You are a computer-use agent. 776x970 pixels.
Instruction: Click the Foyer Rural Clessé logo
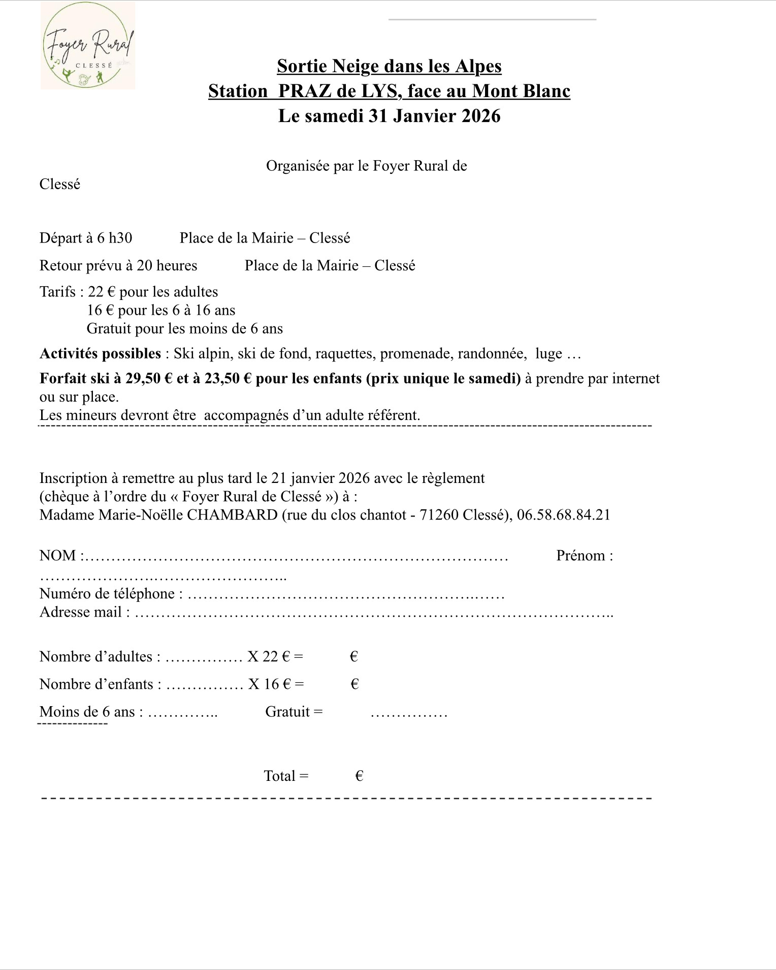(x=88, y=46)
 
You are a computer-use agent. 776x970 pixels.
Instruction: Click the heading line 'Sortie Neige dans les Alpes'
(x=389, y=66)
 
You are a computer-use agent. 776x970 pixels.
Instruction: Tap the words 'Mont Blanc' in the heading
(x=521, y=91)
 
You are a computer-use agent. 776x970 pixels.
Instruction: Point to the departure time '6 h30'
(x=115, y=238)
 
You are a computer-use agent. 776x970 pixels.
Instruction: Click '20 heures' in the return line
(x=167, y=265)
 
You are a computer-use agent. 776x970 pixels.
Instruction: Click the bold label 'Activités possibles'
(x=100, y=353)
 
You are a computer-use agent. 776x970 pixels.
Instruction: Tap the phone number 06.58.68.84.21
(x=563, y=514)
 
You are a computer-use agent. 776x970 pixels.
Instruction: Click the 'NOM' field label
(x=57, y=555)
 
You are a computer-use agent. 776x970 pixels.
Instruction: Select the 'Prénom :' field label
(x=585, y=555)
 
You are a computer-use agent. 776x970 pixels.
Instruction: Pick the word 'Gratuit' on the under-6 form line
(x=287, y=711)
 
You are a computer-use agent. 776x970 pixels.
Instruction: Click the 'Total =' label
(x=286, y=776)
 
